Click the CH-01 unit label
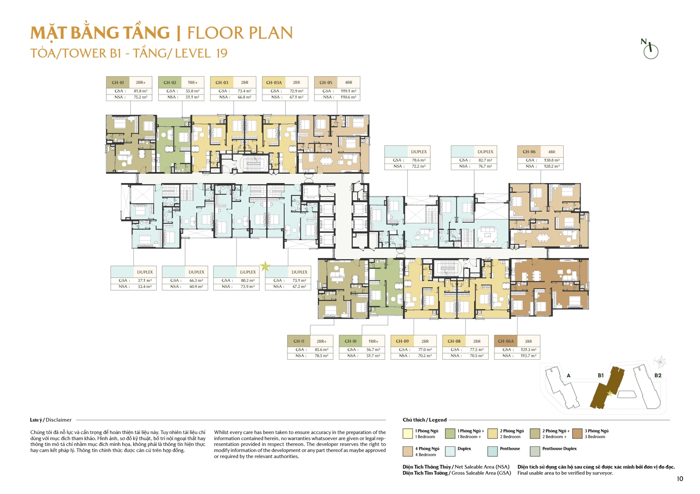[x=118, y=82]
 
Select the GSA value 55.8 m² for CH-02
[x=192, y=91]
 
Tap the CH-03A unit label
[x=273, y=82]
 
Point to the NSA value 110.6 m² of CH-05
[x=348, y=97]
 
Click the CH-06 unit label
[x=529, y=152]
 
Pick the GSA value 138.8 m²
[x=552, y=160]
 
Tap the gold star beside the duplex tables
[x=265, y=267]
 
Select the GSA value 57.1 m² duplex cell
[x=145, y=281]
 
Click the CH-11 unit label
[x=299, y=341]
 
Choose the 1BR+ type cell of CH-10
[x=373, y=341]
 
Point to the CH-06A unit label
[x=505, y=341]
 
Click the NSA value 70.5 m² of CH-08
[x=476, y=356]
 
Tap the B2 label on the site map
[x=658, y=375]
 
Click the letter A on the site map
[x=568, y=375]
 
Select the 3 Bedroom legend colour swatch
[x=577, y=434]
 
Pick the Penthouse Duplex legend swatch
[x=535, y=451]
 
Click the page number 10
[x=679, y=479]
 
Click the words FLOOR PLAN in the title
[x=240, y=33]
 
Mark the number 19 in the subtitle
[x=222, y=53]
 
